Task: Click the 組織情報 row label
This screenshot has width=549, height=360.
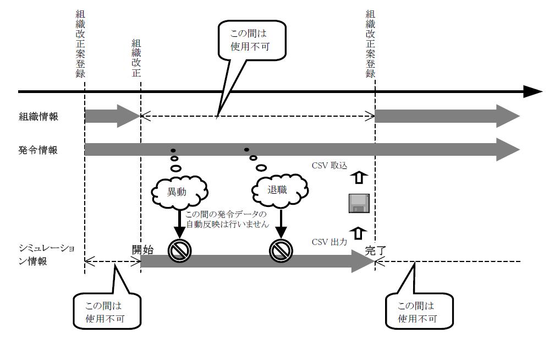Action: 37,117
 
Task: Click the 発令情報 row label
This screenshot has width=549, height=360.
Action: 37,150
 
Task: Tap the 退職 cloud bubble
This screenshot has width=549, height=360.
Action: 281,190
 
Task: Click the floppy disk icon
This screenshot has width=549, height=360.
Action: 359,203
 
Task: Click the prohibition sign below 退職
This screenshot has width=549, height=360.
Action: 281,251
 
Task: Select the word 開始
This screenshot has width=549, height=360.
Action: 142,249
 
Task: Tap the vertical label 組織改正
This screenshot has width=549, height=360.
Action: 136,59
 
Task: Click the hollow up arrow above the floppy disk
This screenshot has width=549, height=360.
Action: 358,178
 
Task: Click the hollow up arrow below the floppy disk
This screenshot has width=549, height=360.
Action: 358,233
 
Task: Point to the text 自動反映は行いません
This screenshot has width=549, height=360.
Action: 227,224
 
